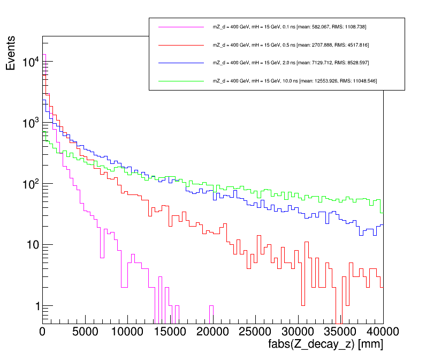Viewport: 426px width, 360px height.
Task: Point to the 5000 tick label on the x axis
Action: pos(85,332)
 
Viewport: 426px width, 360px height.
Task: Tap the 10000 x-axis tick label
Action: pos(127,332)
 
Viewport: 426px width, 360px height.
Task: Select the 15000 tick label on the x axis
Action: pos(170,332)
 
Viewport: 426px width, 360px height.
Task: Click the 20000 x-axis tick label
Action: pos(212,332)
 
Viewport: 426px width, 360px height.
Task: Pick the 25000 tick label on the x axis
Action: pos(255,332)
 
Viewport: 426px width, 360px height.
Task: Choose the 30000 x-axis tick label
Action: pos(298,332)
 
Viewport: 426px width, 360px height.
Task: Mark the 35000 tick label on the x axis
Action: pos(340,332)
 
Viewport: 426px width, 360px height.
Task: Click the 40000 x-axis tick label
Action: pos(382,332)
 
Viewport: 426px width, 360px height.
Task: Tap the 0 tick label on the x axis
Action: pos(43,332)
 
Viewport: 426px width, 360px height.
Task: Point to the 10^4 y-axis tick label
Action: pos(30,62)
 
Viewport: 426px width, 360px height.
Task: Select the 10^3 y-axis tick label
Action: pos(30,123)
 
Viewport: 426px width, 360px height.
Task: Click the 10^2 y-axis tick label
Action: pos(30,184)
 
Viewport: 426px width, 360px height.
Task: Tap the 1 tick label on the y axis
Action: pos(36,306)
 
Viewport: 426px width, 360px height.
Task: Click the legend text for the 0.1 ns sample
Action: pos(289,27)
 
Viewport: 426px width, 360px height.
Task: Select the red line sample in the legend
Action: pos(181,44)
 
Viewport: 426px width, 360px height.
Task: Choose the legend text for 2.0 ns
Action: pos(291,63)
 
